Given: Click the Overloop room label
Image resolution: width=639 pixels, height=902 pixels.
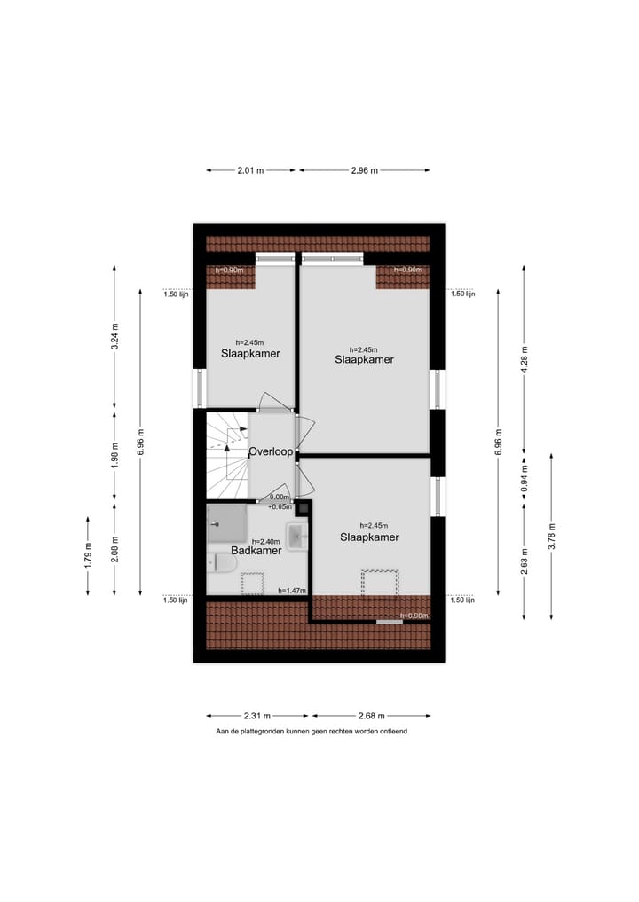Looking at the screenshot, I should [271, 451].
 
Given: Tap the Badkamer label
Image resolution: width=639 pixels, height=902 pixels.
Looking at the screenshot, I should [256, 551].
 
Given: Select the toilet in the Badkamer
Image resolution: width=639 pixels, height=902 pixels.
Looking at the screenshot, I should [218, 562].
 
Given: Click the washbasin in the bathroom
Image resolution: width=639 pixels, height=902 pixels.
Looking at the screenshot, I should [296, 535].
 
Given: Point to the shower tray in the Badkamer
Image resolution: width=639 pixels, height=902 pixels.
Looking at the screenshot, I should [228, 523].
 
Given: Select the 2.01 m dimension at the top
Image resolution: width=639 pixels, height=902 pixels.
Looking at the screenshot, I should [250, 170].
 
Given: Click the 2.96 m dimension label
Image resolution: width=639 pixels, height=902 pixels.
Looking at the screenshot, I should [364, 170].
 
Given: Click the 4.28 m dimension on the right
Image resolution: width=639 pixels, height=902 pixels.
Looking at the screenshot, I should [524, 362].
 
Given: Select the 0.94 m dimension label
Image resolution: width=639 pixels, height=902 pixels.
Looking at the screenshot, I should [524, 479].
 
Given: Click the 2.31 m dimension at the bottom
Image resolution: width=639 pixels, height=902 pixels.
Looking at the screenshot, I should [257, 716].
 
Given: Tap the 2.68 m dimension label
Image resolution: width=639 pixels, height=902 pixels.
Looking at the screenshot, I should [371, 716].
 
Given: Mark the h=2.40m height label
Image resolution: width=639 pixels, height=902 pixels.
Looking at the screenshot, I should [265, 541].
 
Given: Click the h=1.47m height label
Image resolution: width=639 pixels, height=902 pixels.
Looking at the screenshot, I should [292, 590].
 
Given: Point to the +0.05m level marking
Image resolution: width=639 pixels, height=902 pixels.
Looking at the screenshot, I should [279, 506].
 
